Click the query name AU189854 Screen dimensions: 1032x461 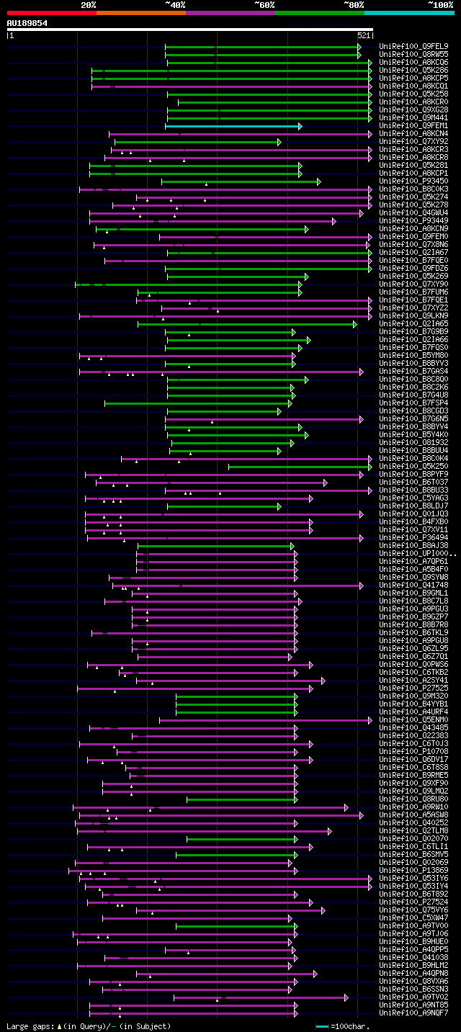[27, 23]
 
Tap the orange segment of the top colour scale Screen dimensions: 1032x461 [140, 12]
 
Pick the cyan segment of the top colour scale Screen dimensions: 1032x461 [409, 12]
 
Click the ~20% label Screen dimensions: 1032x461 [88, 4]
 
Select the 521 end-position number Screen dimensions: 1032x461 [364, 35]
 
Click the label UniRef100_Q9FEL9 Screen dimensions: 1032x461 [413, 46]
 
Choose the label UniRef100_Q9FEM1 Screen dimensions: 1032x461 [413, 126]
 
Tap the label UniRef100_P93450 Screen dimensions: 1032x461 [413, 181]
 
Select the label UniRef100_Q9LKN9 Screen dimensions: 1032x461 [413, 315]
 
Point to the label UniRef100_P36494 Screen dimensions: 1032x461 [413, 537]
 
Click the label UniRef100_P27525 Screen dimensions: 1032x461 [413, 688]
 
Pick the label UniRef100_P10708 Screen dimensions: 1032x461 [413, 751]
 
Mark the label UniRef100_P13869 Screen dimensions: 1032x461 [413, 870]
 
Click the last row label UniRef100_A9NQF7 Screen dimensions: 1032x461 [413, 1013]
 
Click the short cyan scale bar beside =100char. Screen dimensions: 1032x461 [322, 1026]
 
